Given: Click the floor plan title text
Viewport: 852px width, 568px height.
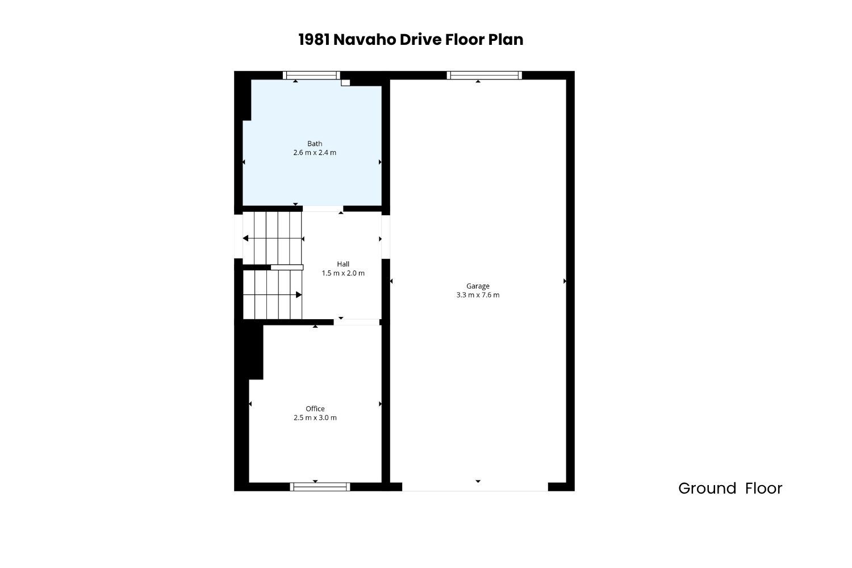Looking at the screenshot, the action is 411,40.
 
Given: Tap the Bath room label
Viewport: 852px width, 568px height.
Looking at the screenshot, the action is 315,144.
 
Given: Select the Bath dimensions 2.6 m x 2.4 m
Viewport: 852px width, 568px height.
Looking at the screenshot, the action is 315,153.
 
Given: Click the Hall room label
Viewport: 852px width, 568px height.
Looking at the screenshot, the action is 343,264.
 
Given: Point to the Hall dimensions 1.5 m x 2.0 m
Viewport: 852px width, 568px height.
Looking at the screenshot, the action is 343,273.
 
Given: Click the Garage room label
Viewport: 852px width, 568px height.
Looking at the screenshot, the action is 478,286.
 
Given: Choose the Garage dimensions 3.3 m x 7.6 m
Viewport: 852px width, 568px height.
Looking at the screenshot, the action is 478,295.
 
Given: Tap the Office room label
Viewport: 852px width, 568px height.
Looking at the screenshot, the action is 315,408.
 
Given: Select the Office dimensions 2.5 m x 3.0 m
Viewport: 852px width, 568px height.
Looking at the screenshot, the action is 315,417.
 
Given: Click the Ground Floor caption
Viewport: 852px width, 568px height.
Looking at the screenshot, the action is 730,488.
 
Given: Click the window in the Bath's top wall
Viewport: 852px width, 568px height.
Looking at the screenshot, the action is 311,76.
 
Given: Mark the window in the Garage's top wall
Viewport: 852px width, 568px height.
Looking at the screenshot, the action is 484,76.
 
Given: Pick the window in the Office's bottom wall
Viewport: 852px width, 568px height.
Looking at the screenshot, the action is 320,487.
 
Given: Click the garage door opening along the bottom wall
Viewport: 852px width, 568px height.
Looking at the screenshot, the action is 475,487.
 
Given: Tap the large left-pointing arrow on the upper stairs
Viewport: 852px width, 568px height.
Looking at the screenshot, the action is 245,239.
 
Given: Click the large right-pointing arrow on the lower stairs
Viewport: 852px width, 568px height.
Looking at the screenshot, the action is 299,295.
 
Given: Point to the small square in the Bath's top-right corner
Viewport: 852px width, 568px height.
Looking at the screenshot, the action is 345,82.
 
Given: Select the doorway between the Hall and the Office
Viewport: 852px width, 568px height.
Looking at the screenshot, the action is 357,322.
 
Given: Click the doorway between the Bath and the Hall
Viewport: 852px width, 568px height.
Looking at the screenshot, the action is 323,208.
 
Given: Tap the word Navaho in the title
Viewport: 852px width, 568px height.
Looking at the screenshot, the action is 365,40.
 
